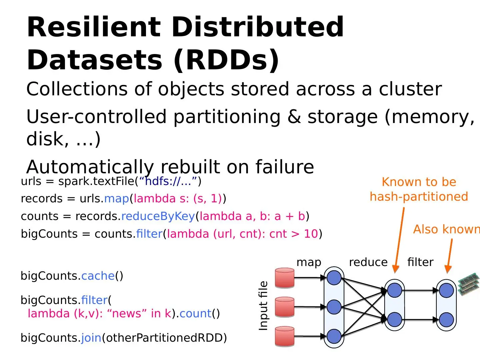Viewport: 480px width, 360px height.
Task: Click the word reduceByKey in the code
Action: (158, 216)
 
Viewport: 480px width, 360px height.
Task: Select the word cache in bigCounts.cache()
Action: (98, 276)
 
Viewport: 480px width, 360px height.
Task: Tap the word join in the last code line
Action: (91, 338)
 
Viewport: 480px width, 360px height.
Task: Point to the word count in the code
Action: (195, 314)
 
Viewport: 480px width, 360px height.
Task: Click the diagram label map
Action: (309, 262)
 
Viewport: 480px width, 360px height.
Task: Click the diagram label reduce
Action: (368, 262)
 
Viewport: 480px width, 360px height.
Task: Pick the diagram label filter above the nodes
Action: (420, 262)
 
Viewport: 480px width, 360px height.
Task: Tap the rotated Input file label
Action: (263, 306)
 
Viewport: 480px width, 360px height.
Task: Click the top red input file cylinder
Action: (285, 278)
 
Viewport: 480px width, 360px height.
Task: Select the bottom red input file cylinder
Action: (285, 336)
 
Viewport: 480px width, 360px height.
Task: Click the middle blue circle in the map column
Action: (334, 307)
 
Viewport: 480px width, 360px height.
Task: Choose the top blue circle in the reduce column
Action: (395, 290)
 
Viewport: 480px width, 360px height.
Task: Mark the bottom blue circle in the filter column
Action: (446, 320)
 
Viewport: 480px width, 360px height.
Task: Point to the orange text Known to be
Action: (419, 182)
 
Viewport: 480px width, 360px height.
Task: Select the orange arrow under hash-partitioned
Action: (399, 240)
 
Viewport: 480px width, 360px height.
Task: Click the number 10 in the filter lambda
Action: (311, 234)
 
